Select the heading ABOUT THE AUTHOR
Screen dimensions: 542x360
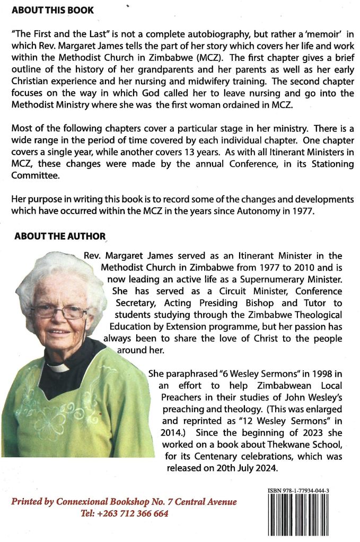click(60, 237)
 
